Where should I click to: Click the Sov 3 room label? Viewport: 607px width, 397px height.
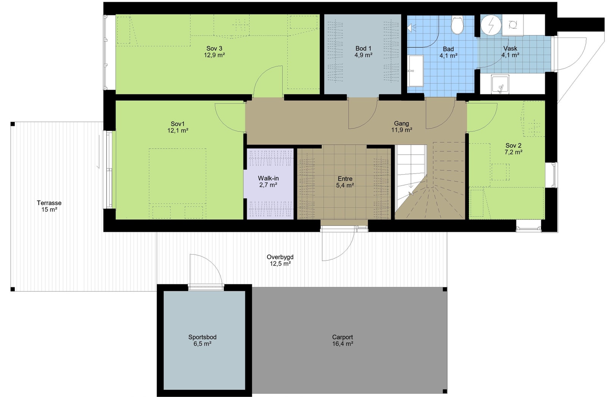point(214,48)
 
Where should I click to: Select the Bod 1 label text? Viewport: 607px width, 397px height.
point(363,48)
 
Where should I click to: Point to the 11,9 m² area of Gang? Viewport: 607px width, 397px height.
point(401,130)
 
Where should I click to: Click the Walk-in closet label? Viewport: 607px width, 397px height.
point(268,178)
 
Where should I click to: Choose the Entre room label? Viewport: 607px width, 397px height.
point(345,179)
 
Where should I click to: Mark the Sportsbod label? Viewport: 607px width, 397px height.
point(202,337)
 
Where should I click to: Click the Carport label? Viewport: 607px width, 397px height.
point(342,337)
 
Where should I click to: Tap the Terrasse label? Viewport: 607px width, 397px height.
point(49,203)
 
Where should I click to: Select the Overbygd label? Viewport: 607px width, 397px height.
point(280,257)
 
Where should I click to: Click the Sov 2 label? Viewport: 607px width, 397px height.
point(513,145)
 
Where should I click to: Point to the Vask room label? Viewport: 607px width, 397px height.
point(510,48)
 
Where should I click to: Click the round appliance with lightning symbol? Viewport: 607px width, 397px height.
point(491,25)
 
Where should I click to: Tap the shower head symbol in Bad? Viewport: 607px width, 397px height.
point(412,27)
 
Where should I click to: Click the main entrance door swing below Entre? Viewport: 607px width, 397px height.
point(340,246)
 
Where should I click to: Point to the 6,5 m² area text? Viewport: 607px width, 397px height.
point(202,344)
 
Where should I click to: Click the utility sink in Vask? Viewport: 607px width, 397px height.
point(500,84)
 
